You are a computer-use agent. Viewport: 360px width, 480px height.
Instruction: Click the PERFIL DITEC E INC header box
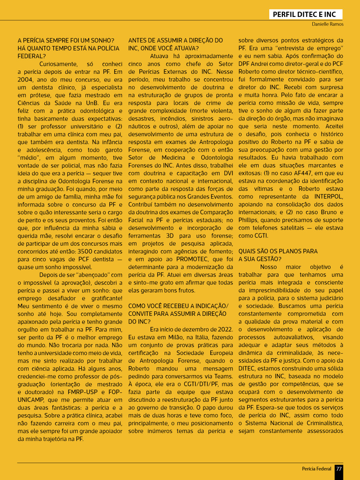point(305,15)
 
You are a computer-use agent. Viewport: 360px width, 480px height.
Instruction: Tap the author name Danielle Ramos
point(327,25)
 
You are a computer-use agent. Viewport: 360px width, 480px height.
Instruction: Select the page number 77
point(339,469)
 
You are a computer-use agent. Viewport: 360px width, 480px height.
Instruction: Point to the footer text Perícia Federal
point(316,469)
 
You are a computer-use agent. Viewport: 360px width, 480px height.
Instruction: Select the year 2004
point(26,79)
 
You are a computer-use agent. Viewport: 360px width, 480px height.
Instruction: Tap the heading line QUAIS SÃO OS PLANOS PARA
point(278,251)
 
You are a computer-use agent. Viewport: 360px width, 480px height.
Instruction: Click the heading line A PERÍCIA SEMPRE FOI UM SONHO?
point(66,41)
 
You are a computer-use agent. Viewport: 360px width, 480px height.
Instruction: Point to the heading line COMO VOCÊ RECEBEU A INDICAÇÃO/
point(178,306)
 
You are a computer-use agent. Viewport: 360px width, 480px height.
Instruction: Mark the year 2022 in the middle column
point(224,329)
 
